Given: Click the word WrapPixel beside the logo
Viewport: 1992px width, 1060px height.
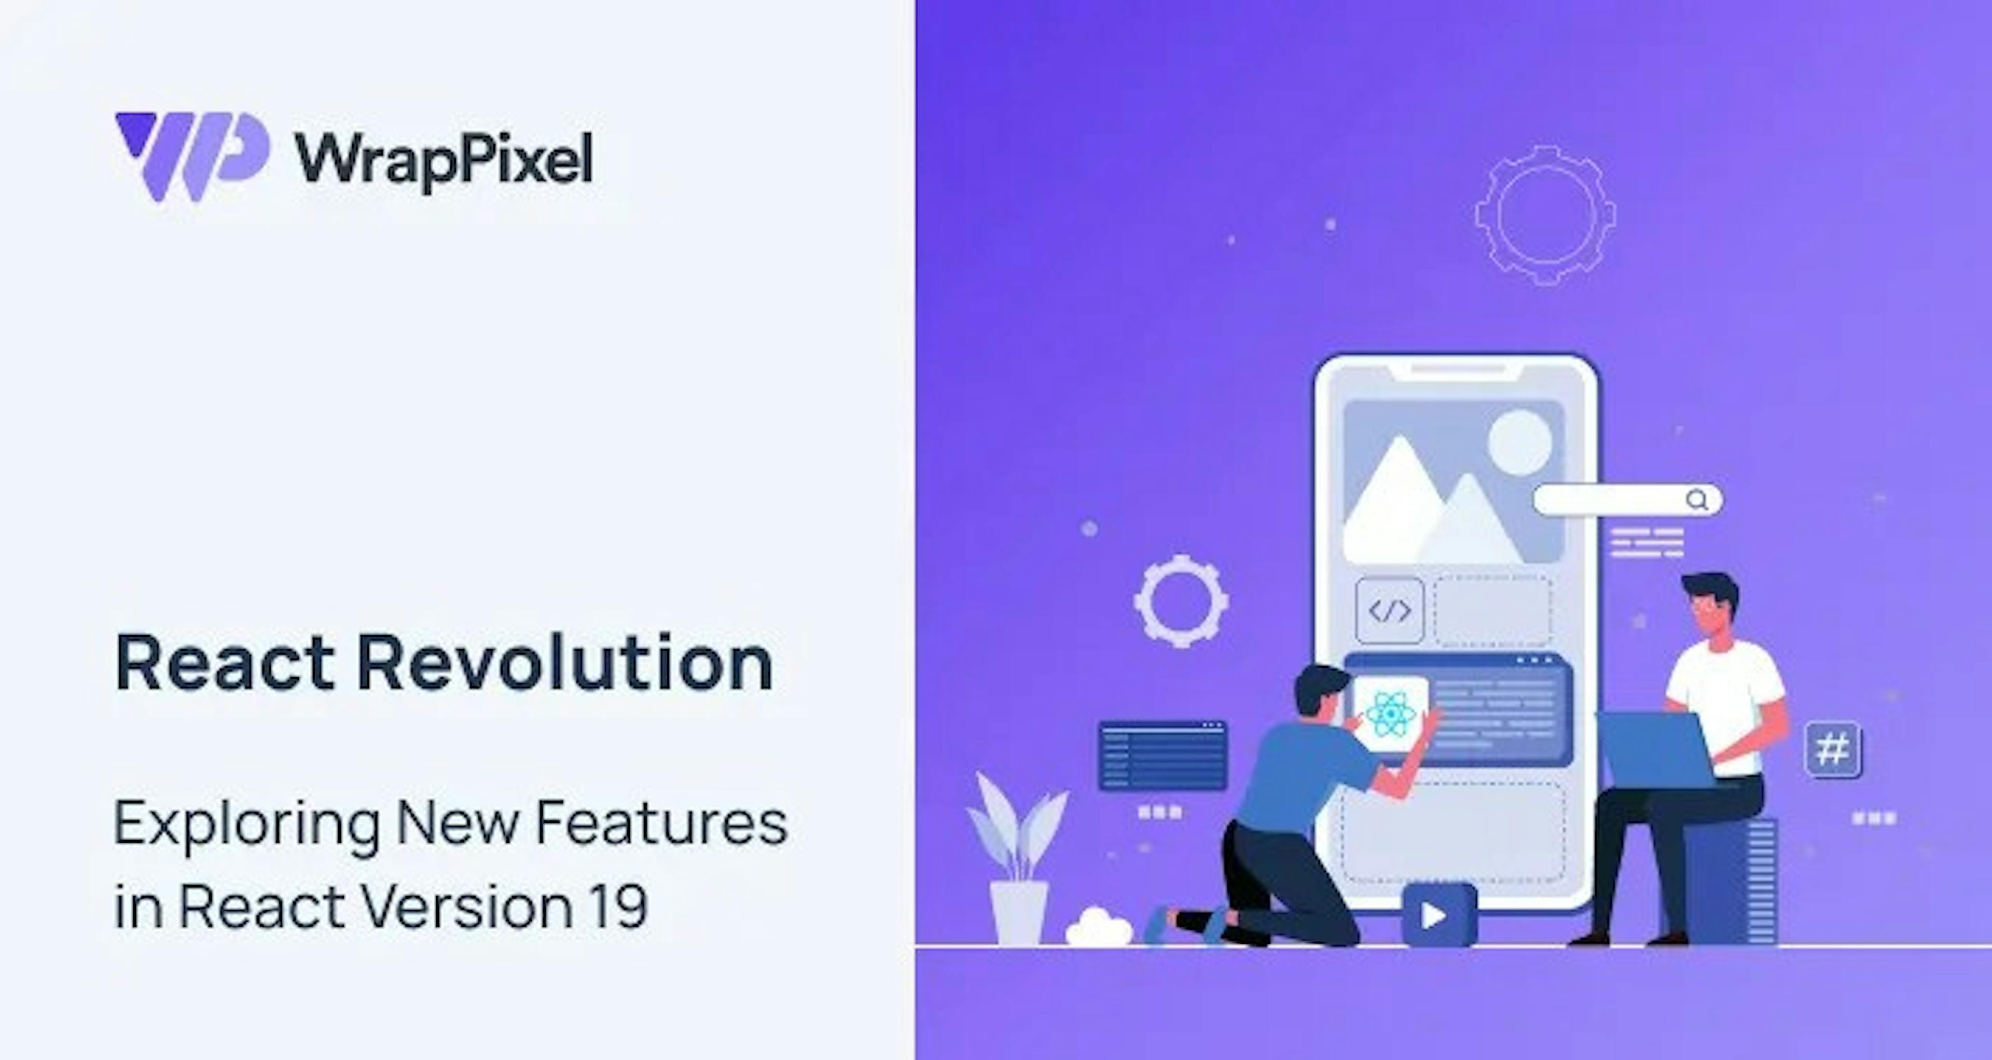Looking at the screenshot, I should click(443, 161).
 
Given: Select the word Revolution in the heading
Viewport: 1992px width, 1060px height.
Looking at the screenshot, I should click(564, 663).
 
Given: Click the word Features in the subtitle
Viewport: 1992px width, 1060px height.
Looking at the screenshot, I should click(661, 822).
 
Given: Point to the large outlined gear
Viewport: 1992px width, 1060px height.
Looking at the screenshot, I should click(1545, 216).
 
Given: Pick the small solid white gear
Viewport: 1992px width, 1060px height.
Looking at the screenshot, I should click(1181, 601).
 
